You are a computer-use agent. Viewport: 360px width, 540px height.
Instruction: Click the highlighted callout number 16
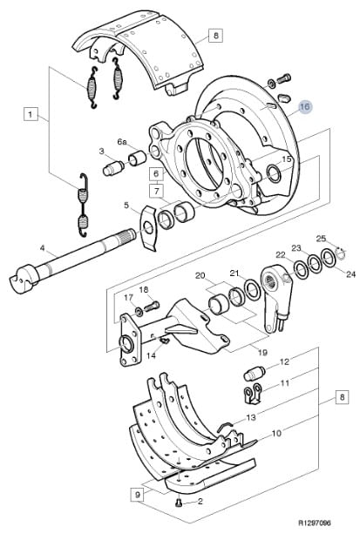pos(304,107)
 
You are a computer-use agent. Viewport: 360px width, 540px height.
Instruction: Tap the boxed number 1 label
pos(31,114)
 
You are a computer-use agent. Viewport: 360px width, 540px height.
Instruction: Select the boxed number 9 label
pos(138,495)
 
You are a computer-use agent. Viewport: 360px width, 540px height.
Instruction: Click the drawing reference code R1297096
pos(314,523)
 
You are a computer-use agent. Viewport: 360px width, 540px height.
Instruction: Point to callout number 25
pos(321,239)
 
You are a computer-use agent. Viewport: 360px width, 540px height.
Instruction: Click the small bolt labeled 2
pos(179,503)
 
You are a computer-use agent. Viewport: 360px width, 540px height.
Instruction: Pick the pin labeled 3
pos(113,168)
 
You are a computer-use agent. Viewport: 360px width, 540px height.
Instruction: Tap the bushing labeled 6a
pos(137,158)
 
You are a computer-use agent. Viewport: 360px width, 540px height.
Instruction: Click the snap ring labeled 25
pos(341,254)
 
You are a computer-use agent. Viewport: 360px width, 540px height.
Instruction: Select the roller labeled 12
pos(255,374)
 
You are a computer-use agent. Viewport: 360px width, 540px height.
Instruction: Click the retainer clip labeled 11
pos(253,394)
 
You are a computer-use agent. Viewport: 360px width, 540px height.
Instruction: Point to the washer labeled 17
pos(139,311)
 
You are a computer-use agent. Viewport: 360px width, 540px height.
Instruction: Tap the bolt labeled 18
pos(152,307)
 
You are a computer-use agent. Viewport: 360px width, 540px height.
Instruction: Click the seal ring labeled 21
pos(253,290)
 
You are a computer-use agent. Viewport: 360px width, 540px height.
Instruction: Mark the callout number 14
pos(152,355)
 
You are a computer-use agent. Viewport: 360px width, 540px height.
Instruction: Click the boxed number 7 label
pos(157,191)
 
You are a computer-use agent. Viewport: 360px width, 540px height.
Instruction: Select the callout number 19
pos(262,353)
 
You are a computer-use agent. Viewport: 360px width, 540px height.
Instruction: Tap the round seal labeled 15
pos(275,173)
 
